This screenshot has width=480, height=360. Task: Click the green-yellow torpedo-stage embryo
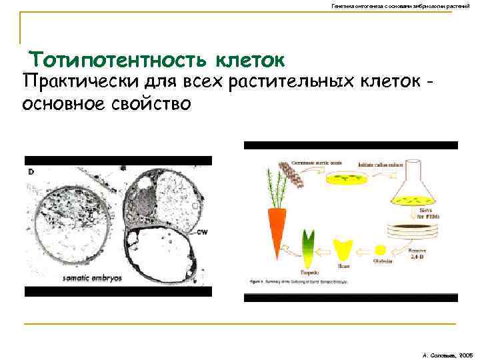(x=309, y=247)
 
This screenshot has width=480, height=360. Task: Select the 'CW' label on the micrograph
(x=203, y=233)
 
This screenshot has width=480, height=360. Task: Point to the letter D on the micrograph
(x=31, y=171)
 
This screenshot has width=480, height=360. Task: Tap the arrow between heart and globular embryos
(x=364, y=252)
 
